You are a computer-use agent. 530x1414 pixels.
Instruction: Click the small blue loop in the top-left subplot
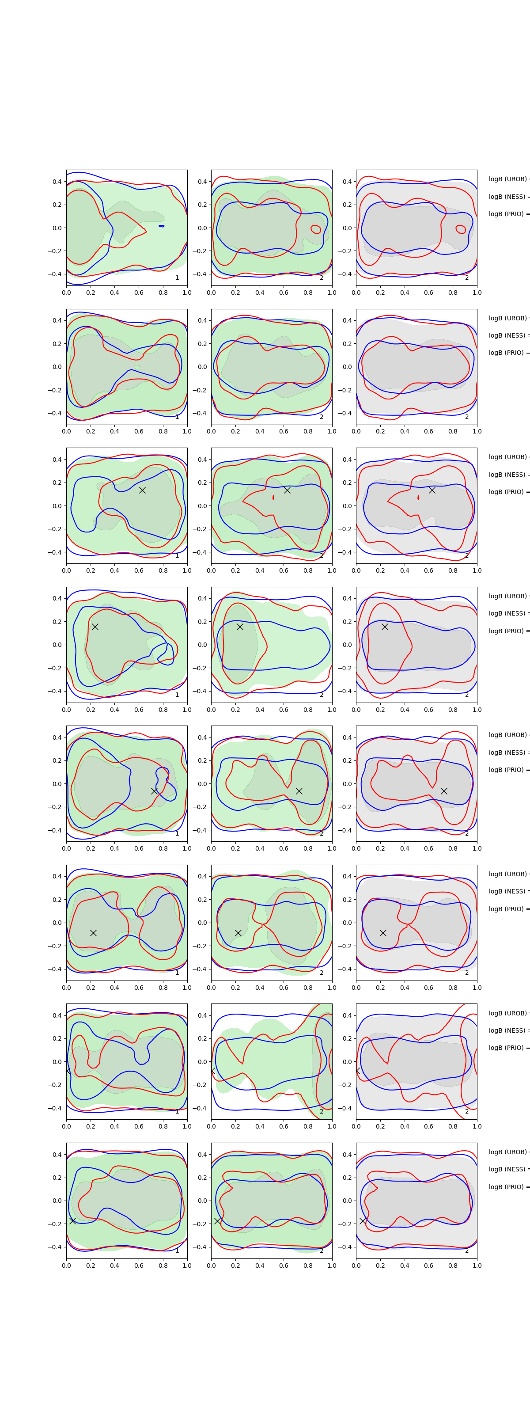pyautogui.click(x=161, y=226)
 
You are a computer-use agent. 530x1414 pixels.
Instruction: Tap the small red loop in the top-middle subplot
pyautogui.click(x=315, y=229)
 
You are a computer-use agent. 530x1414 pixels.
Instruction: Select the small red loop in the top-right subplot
pyautogui.click(x=461, y=229)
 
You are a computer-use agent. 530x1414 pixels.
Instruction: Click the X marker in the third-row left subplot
pyautogui.click(x=142, y=490)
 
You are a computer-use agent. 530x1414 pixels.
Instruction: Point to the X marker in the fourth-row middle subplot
pyautogui.click(x=240, y=626)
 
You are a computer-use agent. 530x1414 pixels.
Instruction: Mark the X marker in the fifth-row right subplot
pyautogui.click(x=444, y=791)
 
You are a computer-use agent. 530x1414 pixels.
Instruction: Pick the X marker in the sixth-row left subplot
pyautogui.click(x=93, y=933)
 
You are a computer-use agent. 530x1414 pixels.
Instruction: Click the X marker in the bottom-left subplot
pyautogui.click(x=72, y=1221)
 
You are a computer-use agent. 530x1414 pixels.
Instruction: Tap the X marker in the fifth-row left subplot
pyautogui.click(x=154, y=791)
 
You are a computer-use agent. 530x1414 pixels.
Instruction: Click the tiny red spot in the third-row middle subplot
pyautogui.click(x=273, y=497)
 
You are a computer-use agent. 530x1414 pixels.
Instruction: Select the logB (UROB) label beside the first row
pyautogui.click(x=508, y=179)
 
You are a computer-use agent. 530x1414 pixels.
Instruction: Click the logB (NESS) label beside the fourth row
pyautogui.click(x=508, y=613)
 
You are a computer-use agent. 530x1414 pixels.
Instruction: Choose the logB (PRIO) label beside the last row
pyautogui.click(x=508, y=1187)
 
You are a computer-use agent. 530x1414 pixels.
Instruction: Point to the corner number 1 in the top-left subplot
pyautogui.click(x=177, y=278)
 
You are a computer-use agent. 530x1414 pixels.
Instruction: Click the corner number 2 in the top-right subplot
pyautogui.click(x=467, y=278)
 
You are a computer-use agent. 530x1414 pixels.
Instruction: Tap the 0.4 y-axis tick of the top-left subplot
pyautogui.click(x=57, y=182)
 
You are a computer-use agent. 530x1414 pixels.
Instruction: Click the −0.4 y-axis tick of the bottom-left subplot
pyautogui.click(x=55, y=1247)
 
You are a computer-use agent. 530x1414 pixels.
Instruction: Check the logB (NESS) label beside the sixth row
pyautogui.click(x=508, y=891)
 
